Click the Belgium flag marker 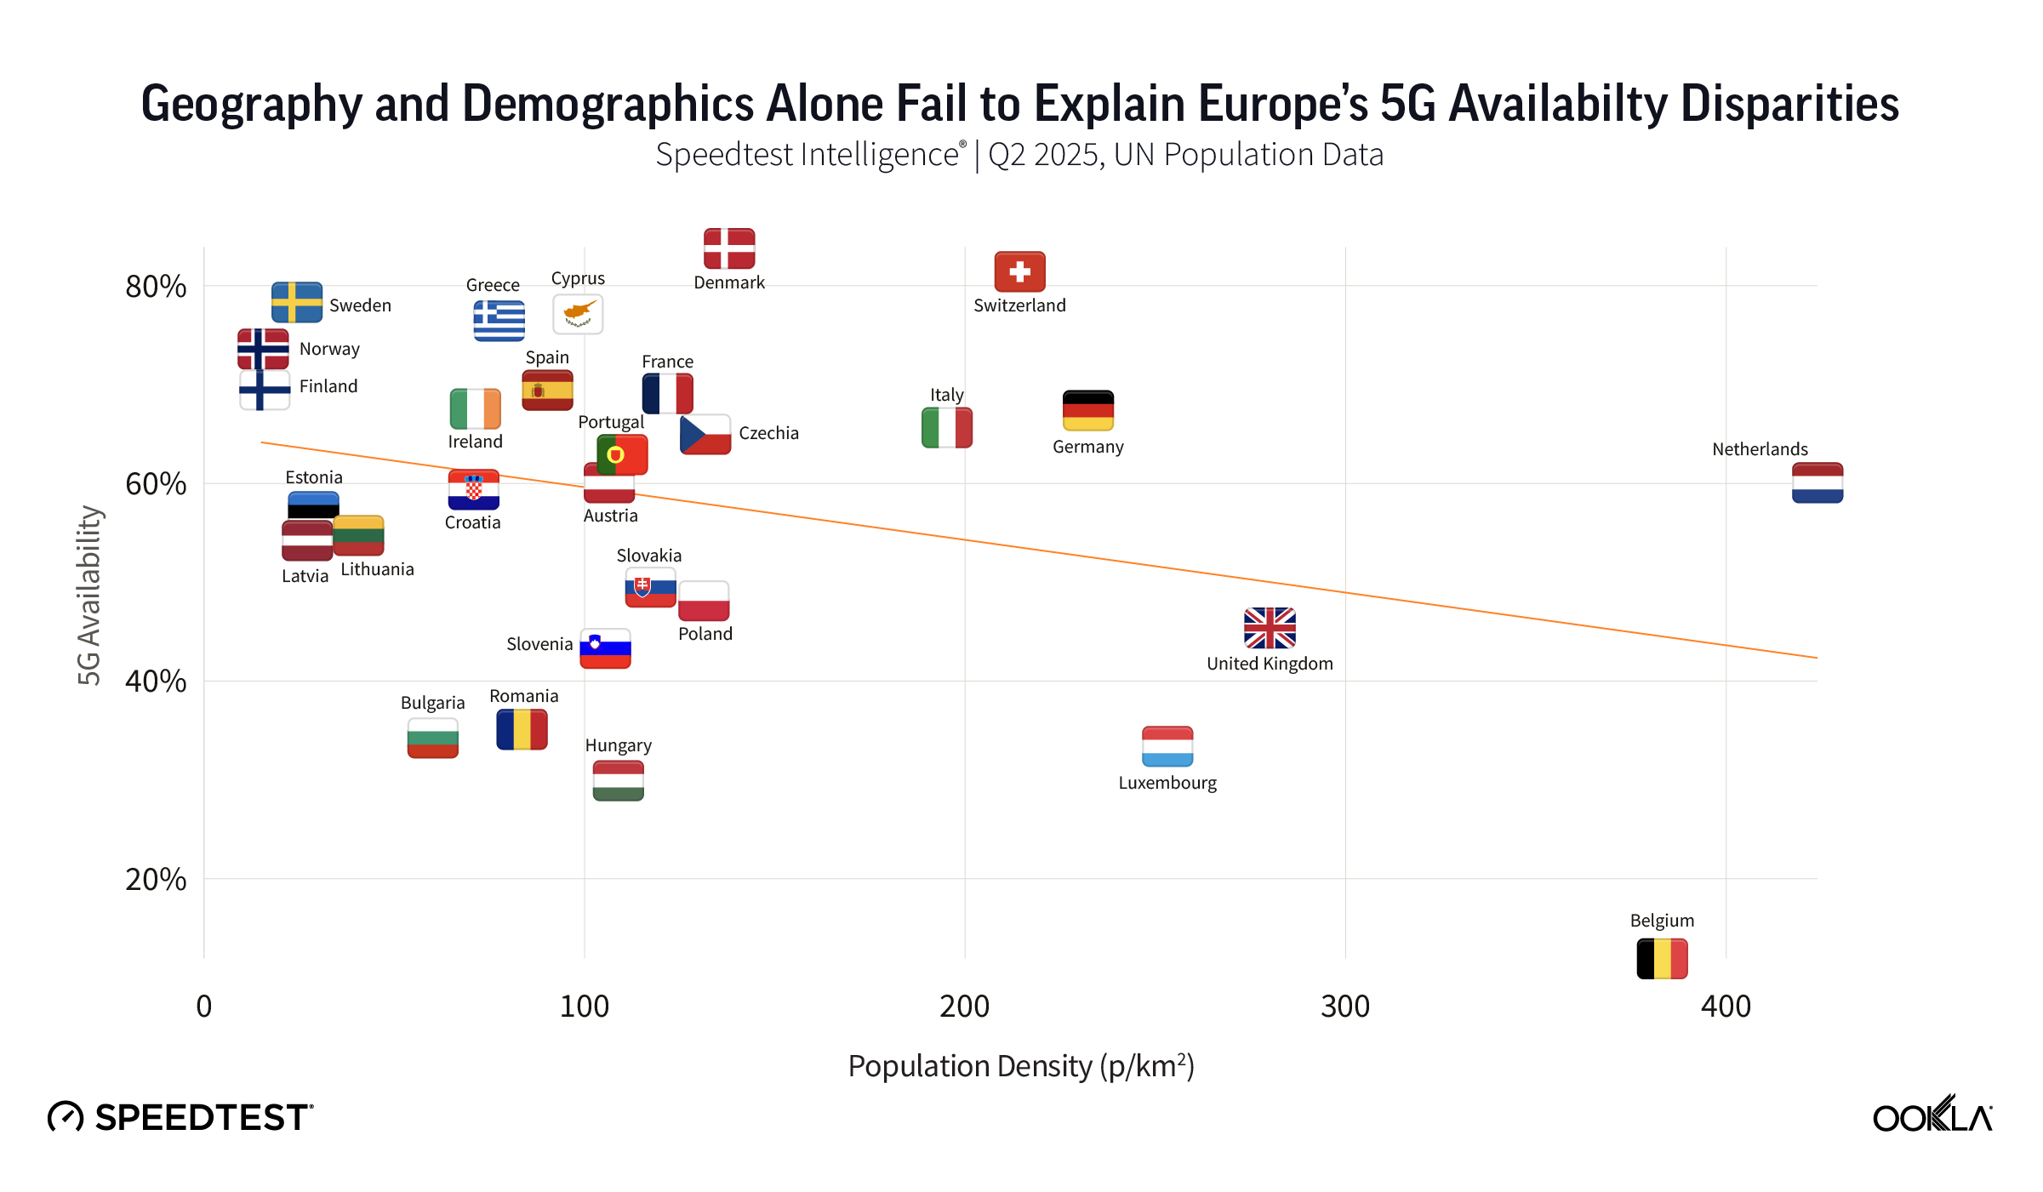tap(1662, 959)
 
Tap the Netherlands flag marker tap(1817, 483)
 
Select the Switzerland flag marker tap(1019, 272)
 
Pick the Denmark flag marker tap(729, 248)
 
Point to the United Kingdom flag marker tap(1270, 628)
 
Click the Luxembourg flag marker tap(1167, 747)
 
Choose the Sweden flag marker tap(296, 302)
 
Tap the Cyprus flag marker tap(578, 314)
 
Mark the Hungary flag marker tap(618, 781)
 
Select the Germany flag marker tap(1087, 410)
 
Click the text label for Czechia tap(768, 433)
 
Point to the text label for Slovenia tap(539, 644)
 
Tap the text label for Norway tap(329, 349)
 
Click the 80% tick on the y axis tap(156, 287)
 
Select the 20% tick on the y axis tap(156, 879)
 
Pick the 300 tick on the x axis tap(1345, 1007)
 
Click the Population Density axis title tap(1021, 1066)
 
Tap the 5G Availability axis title tap(89, 596)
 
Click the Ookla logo tap(1932, 1115)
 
